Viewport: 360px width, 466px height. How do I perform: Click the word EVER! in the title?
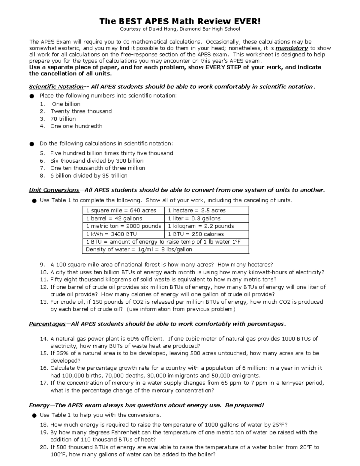coord(246,21)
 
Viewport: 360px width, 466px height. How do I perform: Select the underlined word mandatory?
coord(292,48)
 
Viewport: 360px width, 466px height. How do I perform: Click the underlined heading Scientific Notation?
coord(56,87)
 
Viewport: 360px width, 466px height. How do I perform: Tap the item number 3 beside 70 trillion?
coord(42,119)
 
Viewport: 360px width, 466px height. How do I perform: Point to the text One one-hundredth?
coord(76,126)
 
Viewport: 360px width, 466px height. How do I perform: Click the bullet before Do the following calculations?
coord(32,144)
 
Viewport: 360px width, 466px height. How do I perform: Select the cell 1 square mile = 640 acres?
coord(121,211)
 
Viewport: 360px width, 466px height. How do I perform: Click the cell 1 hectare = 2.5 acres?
coord(196,211)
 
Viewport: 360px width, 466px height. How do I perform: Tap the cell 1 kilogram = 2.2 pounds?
coord(201,226)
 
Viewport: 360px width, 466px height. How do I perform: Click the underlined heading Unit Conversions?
coord(54,190)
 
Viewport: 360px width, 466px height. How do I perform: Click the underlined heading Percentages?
coord(47,324)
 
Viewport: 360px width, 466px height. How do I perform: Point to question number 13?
coord(44,302)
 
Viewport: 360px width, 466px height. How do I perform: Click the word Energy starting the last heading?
coord(39,405)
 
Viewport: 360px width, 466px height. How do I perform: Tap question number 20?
coord(44,447)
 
